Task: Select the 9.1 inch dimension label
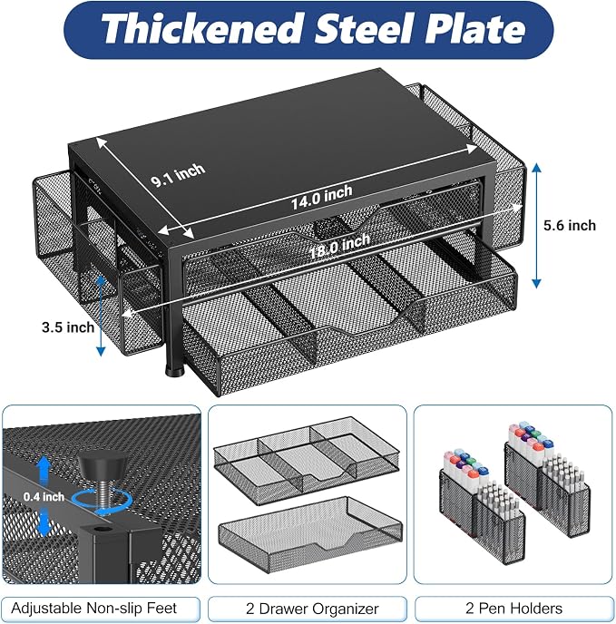point(178,175)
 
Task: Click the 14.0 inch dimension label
point(321,197)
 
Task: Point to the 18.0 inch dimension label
point(339,246)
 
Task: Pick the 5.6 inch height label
point(570,226)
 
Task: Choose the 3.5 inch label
point(68,327)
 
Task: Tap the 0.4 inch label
point(44,497)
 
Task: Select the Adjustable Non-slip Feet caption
point(94,608)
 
